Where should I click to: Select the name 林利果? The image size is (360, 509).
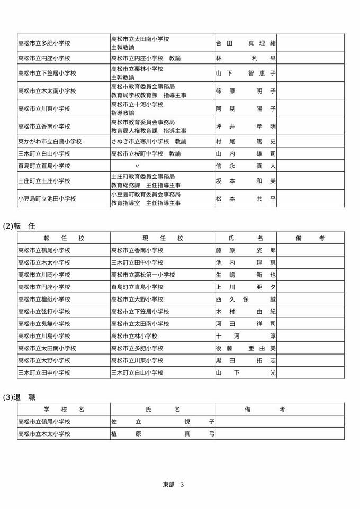point(246,58)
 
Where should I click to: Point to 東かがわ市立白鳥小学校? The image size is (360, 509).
point(50,141)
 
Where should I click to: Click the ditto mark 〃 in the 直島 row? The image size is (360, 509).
point(137,166)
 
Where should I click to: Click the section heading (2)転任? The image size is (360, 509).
point(20,225)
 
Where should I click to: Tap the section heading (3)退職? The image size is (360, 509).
point(20,397)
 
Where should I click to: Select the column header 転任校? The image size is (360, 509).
point(64,238)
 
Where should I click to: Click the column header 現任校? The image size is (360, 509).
point(163,238)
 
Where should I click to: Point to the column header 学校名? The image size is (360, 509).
point(64,409)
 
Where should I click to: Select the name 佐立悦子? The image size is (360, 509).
point(163,422)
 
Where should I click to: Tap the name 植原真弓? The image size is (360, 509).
point(163,434)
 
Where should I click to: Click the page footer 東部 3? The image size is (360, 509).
point(173,484)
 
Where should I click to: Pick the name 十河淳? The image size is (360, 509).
point(246,336)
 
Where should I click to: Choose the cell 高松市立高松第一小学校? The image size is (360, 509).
point(143,275)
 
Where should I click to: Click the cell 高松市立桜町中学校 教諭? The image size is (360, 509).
point(146,154)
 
